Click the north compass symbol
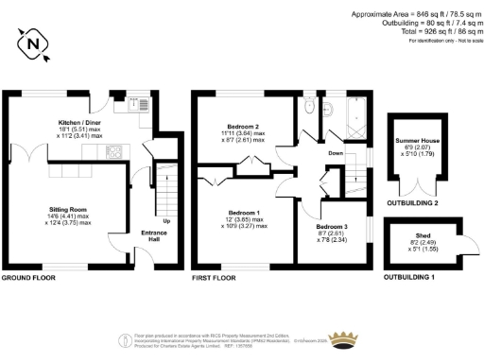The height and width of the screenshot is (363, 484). (x=34, y=43)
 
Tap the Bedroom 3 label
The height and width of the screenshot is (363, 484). (x=333, y=228)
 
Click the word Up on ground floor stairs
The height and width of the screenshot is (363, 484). (x=165, y=221)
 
